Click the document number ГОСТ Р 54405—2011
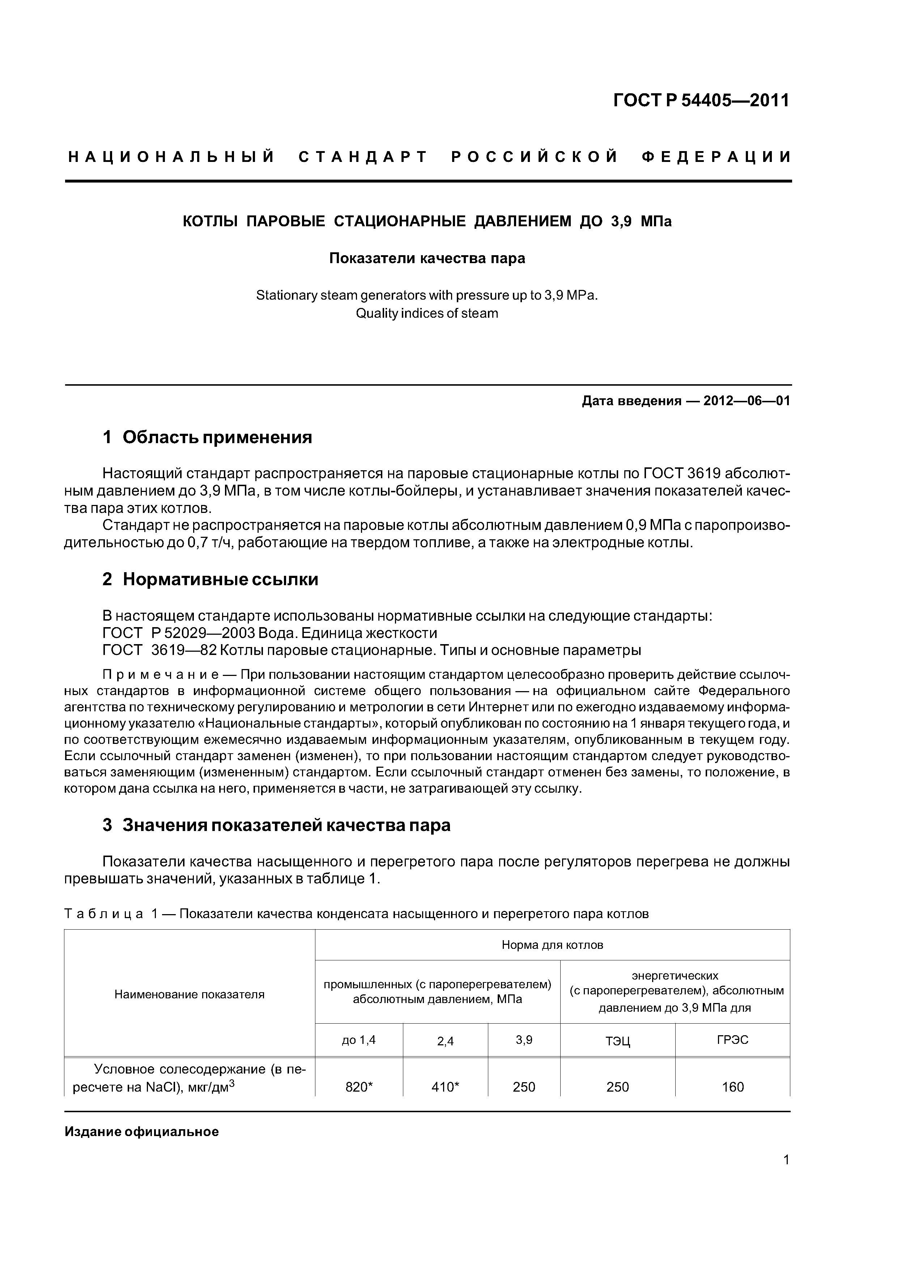[701, 100]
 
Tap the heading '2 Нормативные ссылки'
[210, 579]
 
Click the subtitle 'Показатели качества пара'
[427, 258]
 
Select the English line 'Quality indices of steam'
[427, 313]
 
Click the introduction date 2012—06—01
[746, 401]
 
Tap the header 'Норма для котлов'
[552, 945]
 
